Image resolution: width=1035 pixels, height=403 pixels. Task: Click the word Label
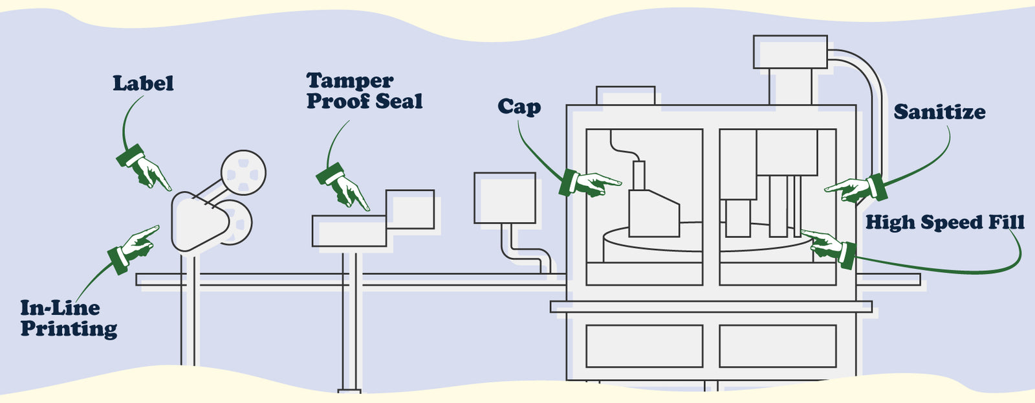pyautogui.click(x=143, y=84)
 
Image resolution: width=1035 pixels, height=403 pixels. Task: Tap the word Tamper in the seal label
pyautogui.click(x=349, y=81)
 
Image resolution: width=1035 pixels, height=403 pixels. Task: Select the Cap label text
pyautogui.click(x=519, y=107)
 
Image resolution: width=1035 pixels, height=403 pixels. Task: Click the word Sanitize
pyautogui.click(x=939, y=112)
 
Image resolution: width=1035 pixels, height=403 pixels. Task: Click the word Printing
pyautogui.click(x=69, y=328)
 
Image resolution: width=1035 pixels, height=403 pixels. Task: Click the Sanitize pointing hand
pyautogui.click(x=853, y=188)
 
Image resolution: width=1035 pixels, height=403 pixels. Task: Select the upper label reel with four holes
pyautogui.click(x=243, y=172)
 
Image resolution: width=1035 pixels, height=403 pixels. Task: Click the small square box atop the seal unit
pyautogui.click(x=409, y=209)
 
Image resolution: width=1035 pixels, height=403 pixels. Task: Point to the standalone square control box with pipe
pyautogui.click(x=505, y=198)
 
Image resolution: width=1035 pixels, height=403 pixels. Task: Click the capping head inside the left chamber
pyautogui.click(x=653, y=211)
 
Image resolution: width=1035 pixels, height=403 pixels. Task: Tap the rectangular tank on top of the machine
pyautogui.click(x=790, y=52)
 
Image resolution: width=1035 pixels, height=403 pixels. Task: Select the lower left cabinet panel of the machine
pyautogui.click(x=644, y=346)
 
